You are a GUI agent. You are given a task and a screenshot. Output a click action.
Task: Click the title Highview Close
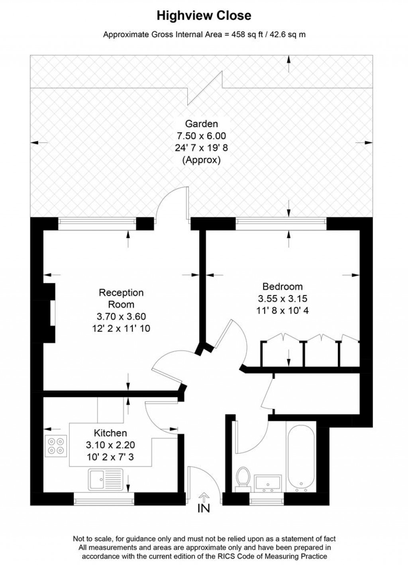click(x=204, y=16)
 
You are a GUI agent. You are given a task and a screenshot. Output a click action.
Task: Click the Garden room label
click(x=201, y=124)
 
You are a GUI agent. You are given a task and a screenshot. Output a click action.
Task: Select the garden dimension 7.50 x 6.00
click(x=201, y=136)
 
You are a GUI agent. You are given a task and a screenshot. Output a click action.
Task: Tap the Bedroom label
click(x=282, y=286)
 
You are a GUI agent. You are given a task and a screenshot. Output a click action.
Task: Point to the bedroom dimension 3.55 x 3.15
click(x=282, y=298)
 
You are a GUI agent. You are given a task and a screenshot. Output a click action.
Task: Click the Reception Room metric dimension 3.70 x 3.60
click(x=121, y=317)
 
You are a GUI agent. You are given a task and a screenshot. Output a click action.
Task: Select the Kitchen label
click(x=110, y=433)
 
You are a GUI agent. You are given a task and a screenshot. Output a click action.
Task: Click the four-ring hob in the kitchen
click(x=56, y=446)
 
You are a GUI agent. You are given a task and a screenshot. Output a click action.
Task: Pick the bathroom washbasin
click(x=268, y=483)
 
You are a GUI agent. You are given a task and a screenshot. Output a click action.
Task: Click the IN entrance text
click(x=204, y=508)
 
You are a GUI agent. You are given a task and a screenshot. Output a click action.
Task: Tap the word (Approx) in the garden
click(x=201, y=160)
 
